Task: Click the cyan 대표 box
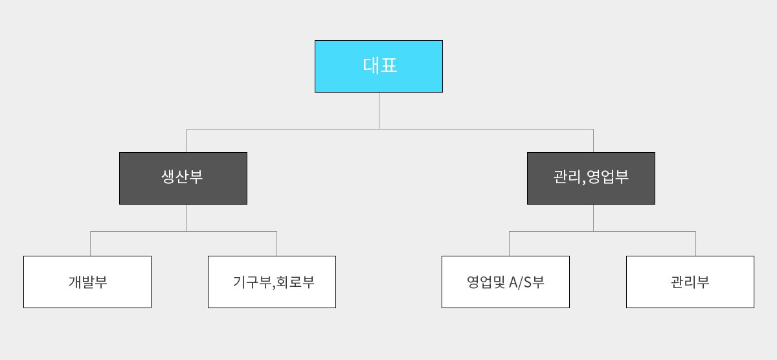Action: (379, 66)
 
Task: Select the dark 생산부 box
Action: (183, 178)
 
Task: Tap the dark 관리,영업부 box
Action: (591, 178)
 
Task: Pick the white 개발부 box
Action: (87, 282)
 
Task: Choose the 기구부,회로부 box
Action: (272, 282)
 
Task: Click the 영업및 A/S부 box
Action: (506, 282)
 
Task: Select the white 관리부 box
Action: (690, 282)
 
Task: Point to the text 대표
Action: (380, 65)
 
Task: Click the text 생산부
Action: (182, 177)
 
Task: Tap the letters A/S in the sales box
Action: (521, 282)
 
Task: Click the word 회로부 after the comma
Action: (295, 282)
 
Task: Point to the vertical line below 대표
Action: (379, 111)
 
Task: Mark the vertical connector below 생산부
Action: (186, 218)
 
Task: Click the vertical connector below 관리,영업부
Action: (593, 218)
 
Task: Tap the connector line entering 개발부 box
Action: (90, 243)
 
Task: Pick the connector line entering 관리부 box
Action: (695, 243)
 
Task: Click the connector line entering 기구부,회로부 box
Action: (276, 243)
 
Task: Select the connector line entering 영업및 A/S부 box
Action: (509, 243)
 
